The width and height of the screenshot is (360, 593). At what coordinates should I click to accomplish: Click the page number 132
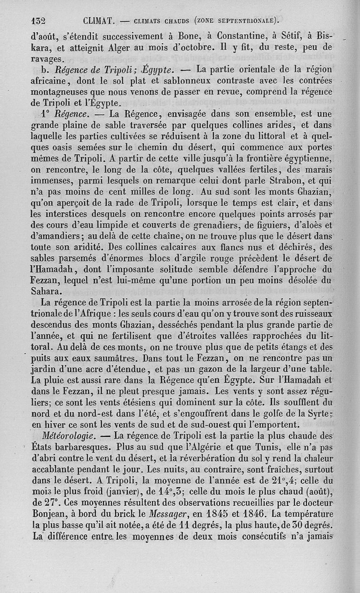click(x=40, y=20)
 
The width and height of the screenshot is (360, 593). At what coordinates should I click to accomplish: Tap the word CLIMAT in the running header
click(x=100, y=20)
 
